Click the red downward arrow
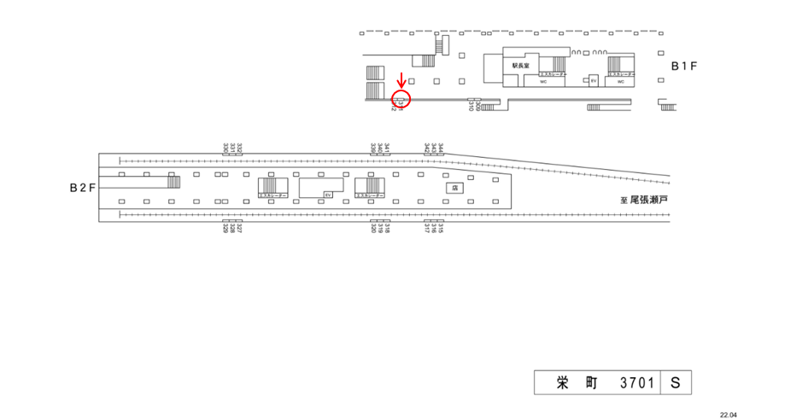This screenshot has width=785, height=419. pyautogui.click(x=402, y=80)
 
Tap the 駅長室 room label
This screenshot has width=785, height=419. pyautogui.click(x=521, y=65)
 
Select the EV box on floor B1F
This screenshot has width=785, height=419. pyautogui.click(x=594, y=81)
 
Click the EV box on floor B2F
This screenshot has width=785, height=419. pyautogui.click(x=327, y=195)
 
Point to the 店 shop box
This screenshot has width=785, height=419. pyautogui.click(x=454, y=187)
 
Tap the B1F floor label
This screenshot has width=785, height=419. pyautogui.click(x=685, y=65)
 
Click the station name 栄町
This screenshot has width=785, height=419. pyautogui.click(x=566, y=384)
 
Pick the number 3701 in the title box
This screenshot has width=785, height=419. pyautogui.click(x=636, y=384)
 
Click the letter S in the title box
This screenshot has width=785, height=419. pyautogui.click(x=675, y=384)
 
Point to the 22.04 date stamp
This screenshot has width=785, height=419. pyautogui.click(x=728, y=413)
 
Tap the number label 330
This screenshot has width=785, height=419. pyautogui.click(x=226, y=147)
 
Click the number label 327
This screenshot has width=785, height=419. pyautogui.click(x=239, y=229)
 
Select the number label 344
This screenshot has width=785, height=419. pyautogui.click(x=441, y=147)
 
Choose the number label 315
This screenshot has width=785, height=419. pyautogui.click(x=441, y=229)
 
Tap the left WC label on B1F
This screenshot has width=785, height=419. pyautogui.click(x=543, y=83)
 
